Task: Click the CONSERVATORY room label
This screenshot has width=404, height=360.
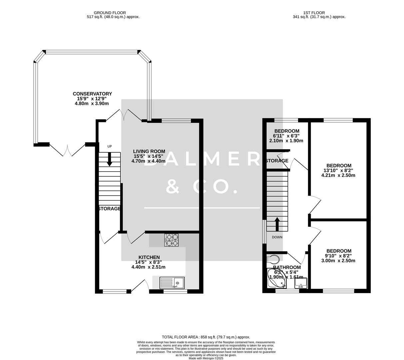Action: [92, 94]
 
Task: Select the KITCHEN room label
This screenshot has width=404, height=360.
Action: [149, 257]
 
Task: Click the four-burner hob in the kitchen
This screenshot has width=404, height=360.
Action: [172, 240]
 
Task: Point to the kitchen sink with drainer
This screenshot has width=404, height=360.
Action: [172, 283]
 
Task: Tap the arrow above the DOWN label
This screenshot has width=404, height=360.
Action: [277, 224]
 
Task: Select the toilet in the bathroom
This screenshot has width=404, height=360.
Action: [273, 259]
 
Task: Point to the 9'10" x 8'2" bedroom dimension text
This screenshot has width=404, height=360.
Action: [338, 256]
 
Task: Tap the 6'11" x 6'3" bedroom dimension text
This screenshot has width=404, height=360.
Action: [286, 136]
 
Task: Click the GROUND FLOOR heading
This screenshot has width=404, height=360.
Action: [110, 13]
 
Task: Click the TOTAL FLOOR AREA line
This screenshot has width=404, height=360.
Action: [205, 337]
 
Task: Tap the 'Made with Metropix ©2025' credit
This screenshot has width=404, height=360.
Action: [205, 358]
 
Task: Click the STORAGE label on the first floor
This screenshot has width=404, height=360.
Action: [277, 161]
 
